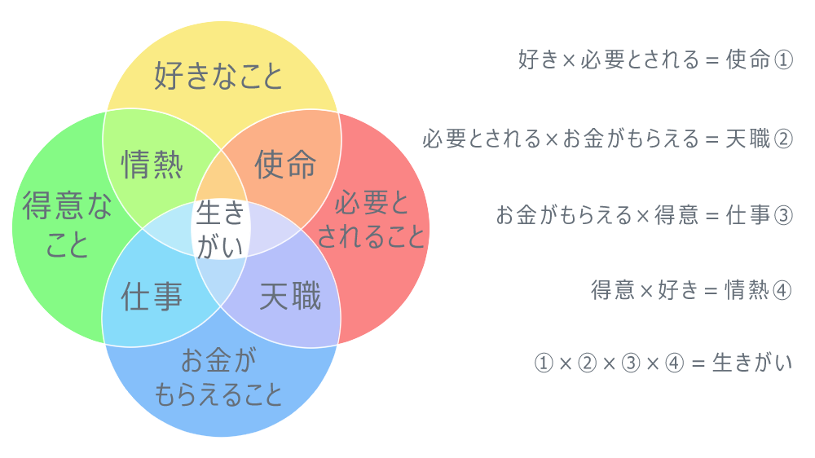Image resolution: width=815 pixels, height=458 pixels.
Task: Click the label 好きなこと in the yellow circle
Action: click(x=218, y=76)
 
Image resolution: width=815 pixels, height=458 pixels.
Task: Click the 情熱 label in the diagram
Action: click(x=152, y=165)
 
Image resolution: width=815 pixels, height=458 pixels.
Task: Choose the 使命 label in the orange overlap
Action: click(x=285, y=165)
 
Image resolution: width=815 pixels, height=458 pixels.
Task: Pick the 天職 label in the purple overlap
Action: click(x=289, y=297)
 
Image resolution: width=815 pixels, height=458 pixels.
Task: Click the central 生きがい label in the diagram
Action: click(x=221, y=231)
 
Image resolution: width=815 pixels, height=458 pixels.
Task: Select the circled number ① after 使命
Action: click(x=782, y=59)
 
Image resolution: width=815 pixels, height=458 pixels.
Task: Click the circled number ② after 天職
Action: click(x=782, y=139)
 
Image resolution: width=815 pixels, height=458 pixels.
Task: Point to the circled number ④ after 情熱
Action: click(x=782, y=291)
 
